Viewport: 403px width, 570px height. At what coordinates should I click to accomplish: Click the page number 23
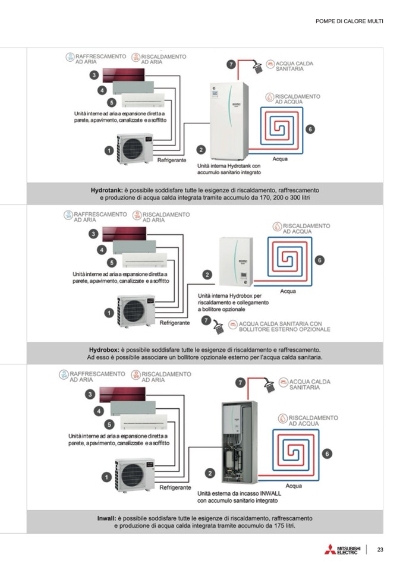pyautogui.click(x=380, y=550)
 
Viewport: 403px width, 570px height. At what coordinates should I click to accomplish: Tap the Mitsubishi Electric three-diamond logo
pyautogui.click(x=330, y=550)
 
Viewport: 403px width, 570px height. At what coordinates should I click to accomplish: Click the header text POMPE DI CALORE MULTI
pyautogui.click(x=350, y=21)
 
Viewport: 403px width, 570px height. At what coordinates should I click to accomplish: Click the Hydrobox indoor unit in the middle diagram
pyautogui.click(x=236, y=262)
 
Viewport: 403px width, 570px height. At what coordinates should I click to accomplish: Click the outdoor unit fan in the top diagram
pyautogui.click(x=134, y=146)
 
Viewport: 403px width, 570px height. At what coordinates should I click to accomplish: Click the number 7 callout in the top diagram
pyautogui.click(x=231, y=65)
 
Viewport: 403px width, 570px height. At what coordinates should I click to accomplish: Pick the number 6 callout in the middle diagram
pyautogui.click(x=319, y=260)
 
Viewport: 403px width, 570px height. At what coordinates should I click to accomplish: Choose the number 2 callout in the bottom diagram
pyautogui.click(x=210, y=473)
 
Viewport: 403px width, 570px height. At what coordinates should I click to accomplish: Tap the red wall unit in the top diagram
pyautogui.click(x=128, y=75)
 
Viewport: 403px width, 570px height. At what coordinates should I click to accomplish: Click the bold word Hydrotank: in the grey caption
pyautogui.click(x=106, y=190)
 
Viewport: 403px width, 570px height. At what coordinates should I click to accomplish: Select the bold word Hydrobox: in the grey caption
pyautogui.click(x=104, y=349)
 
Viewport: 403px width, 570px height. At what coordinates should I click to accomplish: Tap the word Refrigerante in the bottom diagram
pyautogui.click(x=175, y=487)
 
